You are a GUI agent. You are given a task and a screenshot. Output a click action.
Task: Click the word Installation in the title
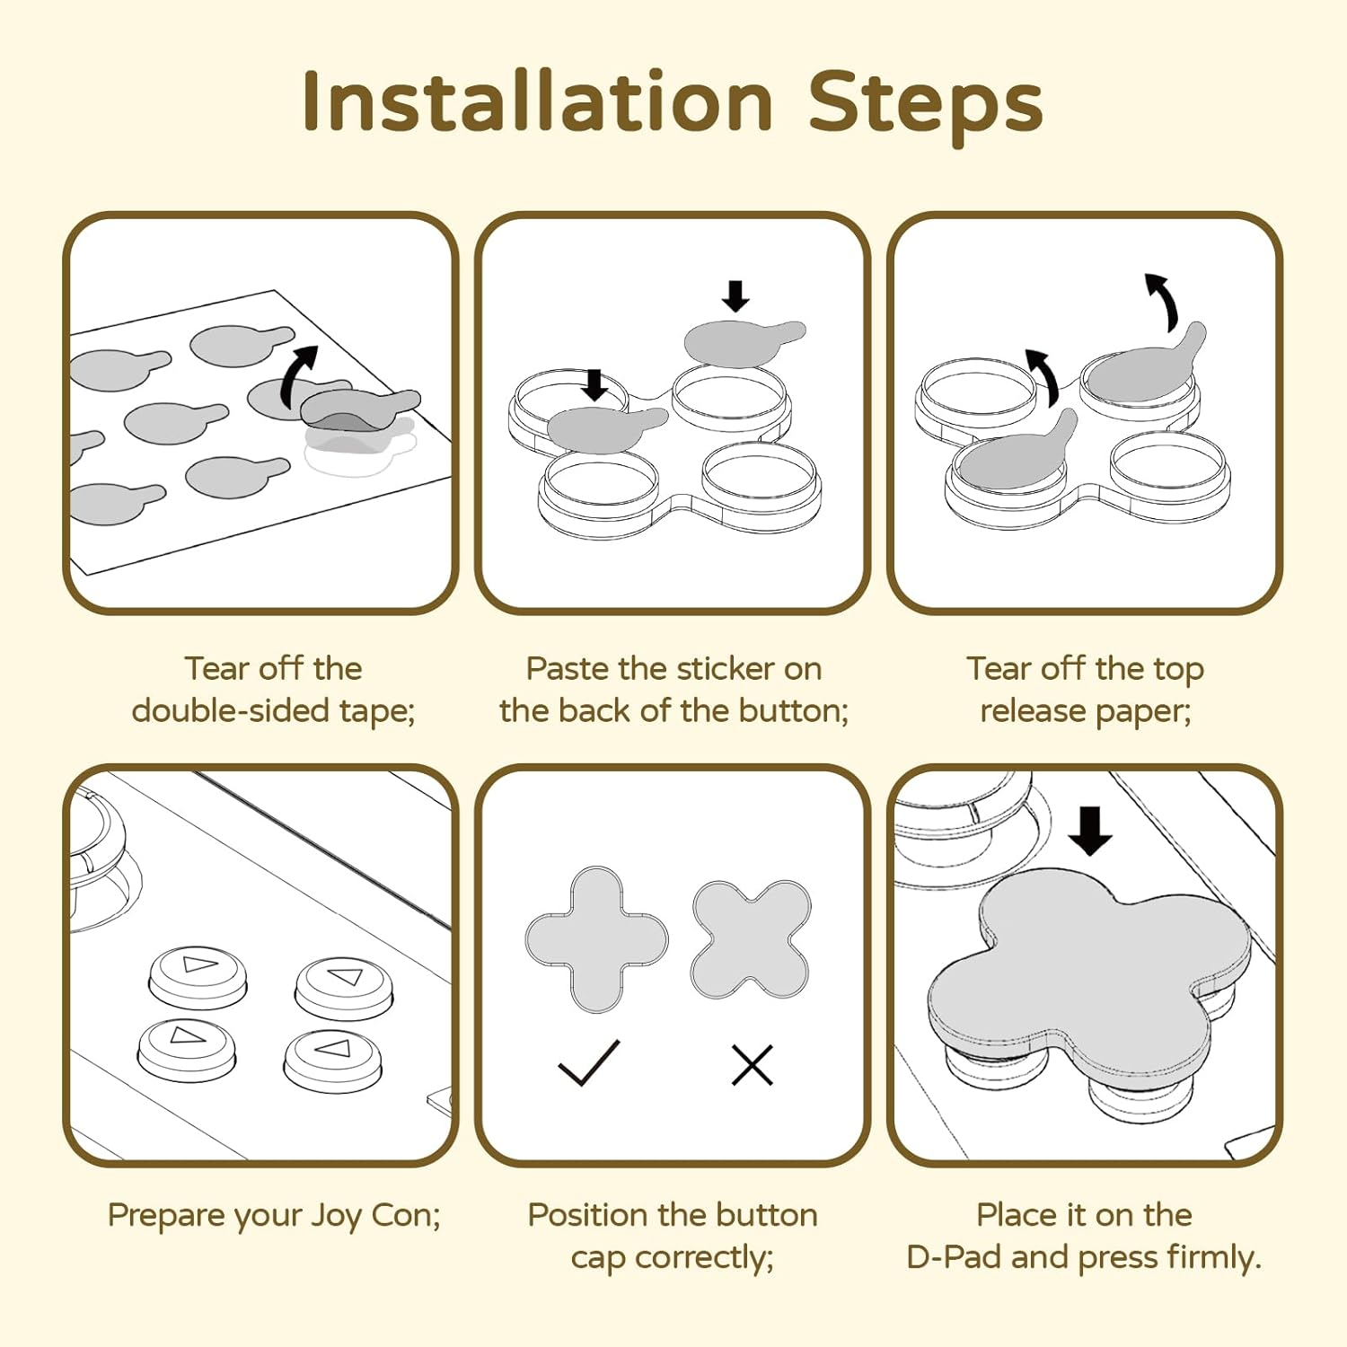point(537,101)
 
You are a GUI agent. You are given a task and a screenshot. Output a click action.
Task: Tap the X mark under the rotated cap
point(752,1065)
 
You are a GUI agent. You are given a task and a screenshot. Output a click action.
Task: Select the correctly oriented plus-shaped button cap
point(596,939)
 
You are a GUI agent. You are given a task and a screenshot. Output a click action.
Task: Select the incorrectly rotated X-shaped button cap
point(751,939)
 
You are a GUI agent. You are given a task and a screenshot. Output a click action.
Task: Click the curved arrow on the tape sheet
point(299,374)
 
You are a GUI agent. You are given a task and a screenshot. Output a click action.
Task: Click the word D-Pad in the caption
point(954,1257)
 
